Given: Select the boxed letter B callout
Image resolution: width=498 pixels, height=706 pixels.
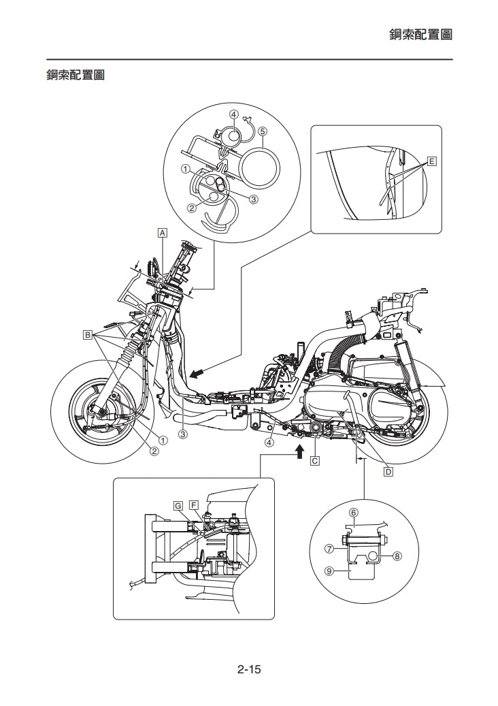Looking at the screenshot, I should (x=87, y=334).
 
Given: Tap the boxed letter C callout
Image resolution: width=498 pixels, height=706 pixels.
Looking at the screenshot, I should (x=315, y=461).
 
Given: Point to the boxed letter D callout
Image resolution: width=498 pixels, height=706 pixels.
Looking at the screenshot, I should (x=387, y=471).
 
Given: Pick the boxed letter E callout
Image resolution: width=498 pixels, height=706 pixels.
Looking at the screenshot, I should (x=432, y=161).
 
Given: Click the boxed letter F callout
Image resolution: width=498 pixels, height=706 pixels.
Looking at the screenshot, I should (x=195, y=505).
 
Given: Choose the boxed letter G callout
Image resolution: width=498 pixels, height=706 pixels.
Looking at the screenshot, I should (x=178, y=505).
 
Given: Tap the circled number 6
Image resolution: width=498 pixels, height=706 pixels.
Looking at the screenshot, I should (x=354, y=512).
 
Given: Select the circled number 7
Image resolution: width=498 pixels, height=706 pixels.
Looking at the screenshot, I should (x=329, y=547).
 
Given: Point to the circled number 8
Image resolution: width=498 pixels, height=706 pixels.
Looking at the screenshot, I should (x=397, y=556).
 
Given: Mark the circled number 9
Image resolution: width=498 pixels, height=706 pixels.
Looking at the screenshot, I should (x=329, y=572).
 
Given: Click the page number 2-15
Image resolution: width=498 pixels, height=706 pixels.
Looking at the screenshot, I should (x=249, y=670).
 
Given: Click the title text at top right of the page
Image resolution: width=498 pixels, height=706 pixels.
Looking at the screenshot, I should (x=420, y=34).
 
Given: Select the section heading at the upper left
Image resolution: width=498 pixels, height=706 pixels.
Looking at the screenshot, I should (x=75, y=75).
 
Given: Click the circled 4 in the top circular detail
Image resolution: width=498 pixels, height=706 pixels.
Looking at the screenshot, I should (x=233, y=114).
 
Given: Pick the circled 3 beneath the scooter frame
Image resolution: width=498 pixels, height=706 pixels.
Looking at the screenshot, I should (x=183, y=434).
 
